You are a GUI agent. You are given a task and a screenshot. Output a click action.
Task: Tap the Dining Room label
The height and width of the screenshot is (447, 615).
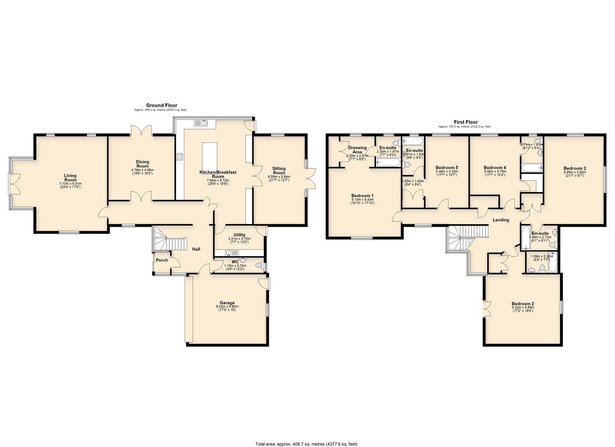[142, 164]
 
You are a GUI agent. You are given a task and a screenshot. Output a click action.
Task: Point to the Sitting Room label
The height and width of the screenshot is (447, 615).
[279, 171]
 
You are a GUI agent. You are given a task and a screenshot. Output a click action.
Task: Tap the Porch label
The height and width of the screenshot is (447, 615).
[162, 260]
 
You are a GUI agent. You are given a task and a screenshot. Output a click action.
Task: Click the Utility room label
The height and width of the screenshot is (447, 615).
[239, 235]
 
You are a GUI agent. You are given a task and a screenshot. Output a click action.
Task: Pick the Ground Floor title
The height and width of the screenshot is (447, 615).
[161, 106]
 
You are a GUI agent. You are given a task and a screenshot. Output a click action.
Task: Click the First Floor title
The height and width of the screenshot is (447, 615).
[465, 122]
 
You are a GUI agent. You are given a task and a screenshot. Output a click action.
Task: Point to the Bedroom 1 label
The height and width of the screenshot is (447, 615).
[362, 196]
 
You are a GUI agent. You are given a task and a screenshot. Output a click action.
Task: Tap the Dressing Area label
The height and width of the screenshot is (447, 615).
[357, 150]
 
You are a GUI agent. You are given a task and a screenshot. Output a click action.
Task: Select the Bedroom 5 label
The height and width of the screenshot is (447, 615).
[446, 167]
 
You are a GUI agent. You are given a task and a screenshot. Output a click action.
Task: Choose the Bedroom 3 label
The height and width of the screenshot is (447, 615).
[574, 168]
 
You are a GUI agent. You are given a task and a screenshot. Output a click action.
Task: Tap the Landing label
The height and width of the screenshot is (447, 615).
[500, 220]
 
